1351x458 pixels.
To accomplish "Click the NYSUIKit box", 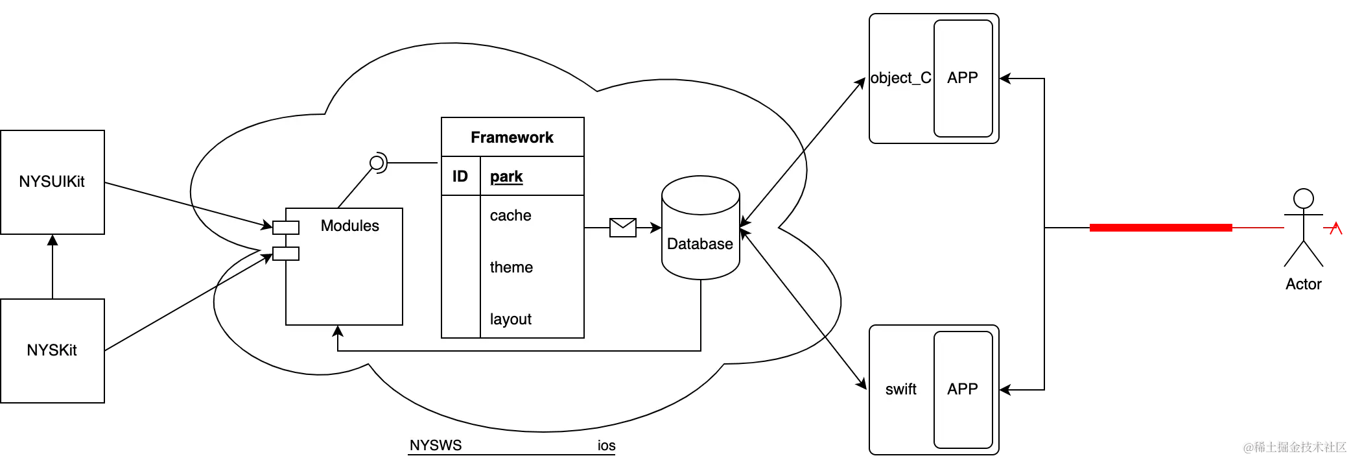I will (x=52, y=182).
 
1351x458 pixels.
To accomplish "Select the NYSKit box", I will (x=52, y=350).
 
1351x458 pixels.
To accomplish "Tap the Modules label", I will (x=349, y=226).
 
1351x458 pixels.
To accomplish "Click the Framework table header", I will (x=512, y=138).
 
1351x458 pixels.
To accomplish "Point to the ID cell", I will (x=460, y=176).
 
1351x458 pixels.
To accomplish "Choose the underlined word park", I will (x=506, y=176).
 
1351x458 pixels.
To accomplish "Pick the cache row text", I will (x=510, y=215).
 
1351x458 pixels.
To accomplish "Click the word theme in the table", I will (x=511, y=267).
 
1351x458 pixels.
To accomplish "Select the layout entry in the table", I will (x=510, y=319).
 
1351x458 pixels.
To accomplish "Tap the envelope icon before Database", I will (x=623, y=228).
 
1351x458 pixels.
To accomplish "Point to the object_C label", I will (x=900, y=78).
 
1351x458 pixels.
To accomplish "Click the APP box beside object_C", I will (x=963, y=78).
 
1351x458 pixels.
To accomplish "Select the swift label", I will (x=900, y=389).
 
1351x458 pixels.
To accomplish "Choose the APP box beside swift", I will (x=963, y=389).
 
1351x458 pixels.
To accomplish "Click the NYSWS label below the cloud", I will (x=436, y=446).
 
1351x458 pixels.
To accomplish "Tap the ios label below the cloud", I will (x=606, y=446).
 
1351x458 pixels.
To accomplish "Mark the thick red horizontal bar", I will (x=1161, y=228).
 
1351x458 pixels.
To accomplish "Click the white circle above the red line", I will (x=1303, y=199).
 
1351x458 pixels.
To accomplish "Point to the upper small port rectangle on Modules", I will (x=286, y=227).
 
